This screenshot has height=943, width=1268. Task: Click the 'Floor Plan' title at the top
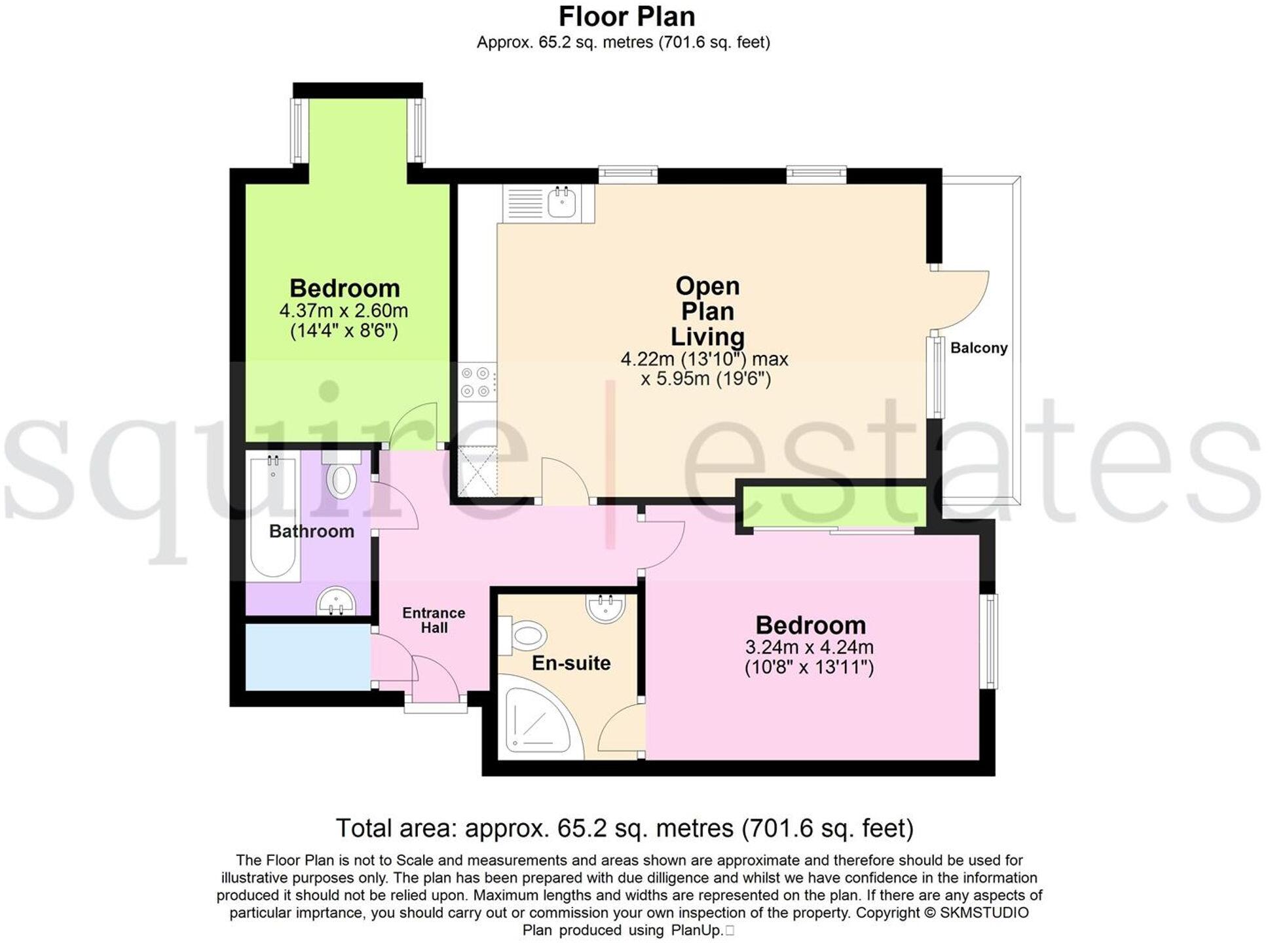[x=627, y=16]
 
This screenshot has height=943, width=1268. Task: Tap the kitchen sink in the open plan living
[x=562, y=202]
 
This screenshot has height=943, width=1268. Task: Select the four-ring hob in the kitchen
[x=476, y=382]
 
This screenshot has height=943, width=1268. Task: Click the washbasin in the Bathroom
[x=336, y=601]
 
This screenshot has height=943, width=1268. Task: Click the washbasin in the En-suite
[x=606, y=607]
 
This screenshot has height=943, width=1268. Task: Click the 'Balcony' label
[x=979, y=348]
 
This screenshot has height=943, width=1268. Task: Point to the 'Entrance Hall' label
[x=434, y=619]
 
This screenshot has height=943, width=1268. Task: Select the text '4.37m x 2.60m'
[x=344, y=310]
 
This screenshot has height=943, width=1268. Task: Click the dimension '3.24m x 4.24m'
[x=809, y=647]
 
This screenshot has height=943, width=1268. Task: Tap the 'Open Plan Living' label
[x=707, y=311]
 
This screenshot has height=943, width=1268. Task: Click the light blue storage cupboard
[x=307, y=656]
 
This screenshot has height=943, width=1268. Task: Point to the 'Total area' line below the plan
[x=624, y=828]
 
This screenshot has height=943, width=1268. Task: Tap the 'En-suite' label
[x=571, y=663]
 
